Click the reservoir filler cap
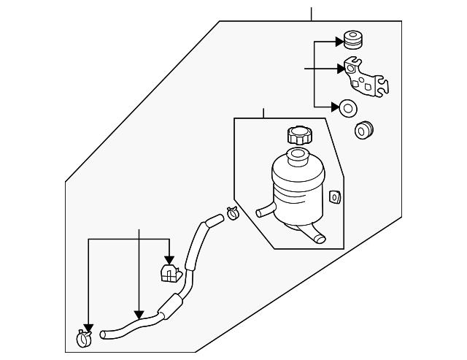[x=300, y=135]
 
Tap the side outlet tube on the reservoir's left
[x=265, y=212]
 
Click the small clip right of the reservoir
[x=336, y=196]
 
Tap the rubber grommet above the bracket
[x=353, y=39]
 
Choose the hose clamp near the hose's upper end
[x=233, y=214]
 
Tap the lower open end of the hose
[x=104, y=335]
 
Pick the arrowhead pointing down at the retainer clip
[x=169, y=259]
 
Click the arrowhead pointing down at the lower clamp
[x=88, y=326]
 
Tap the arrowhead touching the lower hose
[x=139, y=315]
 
